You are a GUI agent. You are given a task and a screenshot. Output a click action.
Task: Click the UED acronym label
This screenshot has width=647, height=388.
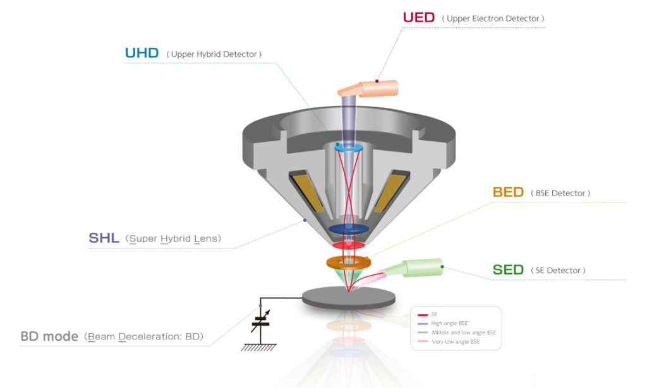coord(419,18)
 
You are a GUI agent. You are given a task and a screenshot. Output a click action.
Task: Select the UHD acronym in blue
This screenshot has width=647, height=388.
coord(142,53)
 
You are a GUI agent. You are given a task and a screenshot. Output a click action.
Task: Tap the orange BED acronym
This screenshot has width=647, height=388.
coord(508,192)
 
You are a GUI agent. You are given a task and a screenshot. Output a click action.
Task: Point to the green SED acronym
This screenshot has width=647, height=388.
coord(508,270)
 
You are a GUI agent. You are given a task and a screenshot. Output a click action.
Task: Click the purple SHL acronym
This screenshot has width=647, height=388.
coord(104,238)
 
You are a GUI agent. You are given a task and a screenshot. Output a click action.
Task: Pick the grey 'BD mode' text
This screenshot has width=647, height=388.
coord(49,336)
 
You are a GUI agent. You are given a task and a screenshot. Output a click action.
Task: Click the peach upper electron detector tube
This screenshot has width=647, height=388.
coord(368,88)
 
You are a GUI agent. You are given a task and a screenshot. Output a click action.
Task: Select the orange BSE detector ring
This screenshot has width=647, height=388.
coord(349,262)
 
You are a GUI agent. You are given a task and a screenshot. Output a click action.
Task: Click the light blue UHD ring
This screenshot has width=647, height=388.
coord(349,148)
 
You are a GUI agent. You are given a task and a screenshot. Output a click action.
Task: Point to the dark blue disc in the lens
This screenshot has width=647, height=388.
coord(349,229)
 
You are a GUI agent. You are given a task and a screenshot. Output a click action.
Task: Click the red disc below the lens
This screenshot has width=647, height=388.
coord(349,245)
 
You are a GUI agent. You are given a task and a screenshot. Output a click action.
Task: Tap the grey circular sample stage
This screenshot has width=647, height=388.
coord(349,297)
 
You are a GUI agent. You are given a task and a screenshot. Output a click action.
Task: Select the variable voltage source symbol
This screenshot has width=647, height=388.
coord(260,320)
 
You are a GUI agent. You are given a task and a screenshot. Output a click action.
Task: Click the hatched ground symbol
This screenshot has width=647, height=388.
coord(258,347)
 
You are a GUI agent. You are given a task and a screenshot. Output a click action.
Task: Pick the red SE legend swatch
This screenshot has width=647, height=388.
coord(423,315)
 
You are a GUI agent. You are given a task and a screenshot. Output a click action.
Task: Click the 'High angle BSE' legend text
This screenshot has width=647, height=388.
coord(449,323)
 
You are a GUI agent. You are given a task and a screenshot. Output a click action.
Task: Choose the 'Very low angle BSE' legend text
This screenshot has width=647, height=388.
coord(456,342)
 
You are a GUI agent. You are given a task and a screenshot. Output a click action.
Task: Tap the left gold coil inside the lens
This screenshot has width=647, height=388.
coord(308,192)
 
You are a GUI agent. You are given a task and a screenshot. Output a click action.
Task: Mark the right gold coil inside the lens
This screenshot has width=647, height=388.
coord(391,192)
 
